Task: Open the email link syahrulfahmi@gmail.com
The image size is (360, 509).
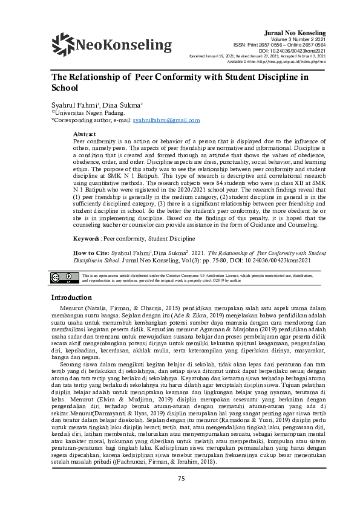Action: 166,120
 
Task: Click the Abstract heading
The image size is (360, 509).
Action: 84,133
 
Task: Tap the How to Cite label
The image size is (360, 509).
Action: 91,252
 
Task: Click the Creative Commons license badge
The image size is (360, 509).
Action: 62,279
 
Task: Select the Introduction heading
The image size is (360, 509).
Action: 71,297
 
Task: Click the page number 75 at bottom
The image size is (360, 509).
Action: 180,496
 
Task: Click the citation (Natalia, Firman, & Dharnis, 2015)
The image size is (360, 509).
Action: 128,308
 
